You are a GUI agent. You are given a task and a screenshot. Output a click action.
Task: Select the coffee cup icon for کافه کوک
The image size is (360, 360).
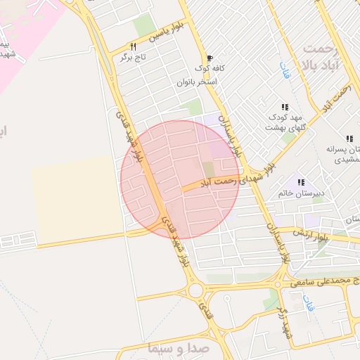208,58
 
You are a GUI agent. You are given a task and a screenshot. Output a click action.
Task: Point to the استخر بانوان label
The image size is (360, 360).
196,82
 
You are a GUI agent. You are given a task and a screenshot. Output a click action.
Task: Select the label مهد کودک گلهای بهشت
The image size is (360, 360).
284,122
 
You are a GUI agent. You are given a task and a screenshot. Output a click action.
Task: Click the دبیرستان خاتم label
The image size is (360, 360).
294,192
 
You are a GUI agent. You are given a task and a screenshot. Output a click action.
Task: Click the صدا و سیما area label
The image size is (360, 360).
176,347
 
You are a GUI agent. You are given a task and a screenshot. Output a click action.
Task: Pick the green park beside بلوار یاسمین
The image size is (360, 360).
145,25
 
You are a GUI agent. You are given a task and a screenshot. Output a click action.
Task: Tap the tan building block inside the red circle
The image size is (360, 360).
209,169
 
